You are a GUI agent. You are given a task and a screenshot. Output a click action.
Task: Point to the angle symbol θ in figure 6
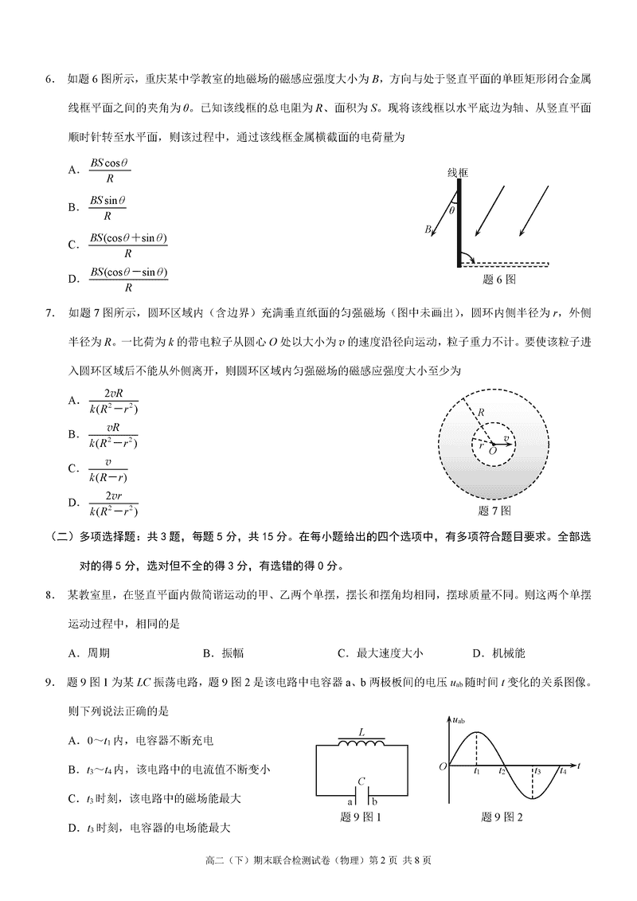(451, 211)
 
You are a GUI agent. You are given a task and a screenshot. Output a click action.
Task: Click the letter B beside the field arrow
(428, 229)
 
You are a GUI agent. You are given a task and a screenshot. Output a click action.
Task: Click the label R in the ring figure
(480, 412)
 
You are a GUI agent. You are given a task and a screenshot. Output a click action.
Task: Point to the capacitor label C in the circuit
(361, 781)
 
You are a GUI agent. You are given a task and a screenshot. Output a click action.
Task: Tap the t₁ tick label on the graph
(476, 771)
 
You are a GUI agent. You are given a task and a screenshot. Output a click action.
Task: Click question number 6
(49, 78)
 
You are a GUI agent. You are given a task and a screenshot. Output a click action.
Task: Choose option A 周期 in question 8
(89, 653)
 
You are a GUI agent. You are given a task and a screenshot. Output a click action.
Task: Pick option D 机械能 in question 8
(498, 653)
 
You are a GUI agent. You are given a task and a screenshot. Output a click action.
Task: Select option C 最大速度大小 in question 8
(381, 653)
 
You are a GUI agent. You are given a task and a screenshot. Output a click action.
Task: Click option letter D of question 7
(73, 503)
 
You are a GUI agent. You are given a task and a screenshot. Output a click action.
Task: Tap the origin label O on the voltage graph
(443, 766)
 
